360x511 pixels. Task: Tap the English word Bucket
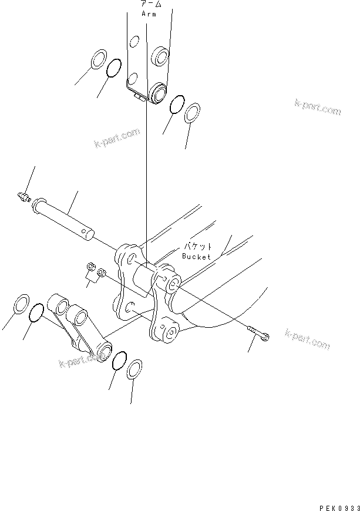coord(196,257)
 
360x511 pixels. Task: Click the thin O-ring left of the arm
coord(115,69)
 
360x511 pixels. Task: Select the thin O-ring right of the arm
coord(176,105)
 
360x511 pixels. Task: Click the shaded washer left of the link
coord(20,305)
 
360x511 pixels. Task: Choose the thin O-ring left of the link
coord(36,313)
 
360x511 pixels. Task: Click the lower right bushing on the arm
coord(157,92)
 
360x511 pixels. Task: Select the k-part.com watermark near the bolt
coord(307,339)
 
